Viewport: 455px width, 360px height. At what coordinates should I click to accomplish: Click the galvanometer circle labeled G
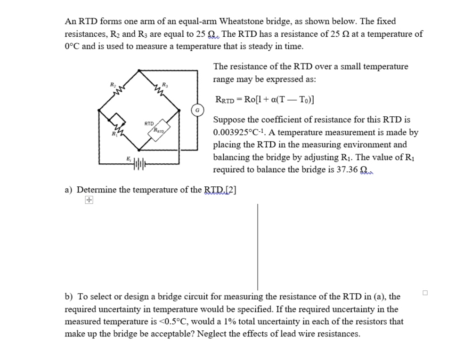click(x=197, y=110)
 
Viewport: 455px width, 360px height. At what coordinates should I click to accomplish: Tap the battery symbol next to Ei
click(x=139, y=164)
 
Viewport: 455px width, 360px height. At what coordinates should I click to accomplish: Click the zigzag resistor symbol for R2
click(x=119, y=89)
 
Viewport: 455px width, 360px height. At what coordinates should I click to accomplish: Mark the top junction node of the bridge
click(x=139, y=70)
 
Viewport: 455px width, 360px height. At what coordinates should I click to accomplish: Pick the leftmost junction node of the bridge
click(x=98, y=110)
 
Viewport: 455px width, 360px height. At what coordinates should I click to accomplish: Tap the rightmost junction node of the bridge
click(x=179, y=110)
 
